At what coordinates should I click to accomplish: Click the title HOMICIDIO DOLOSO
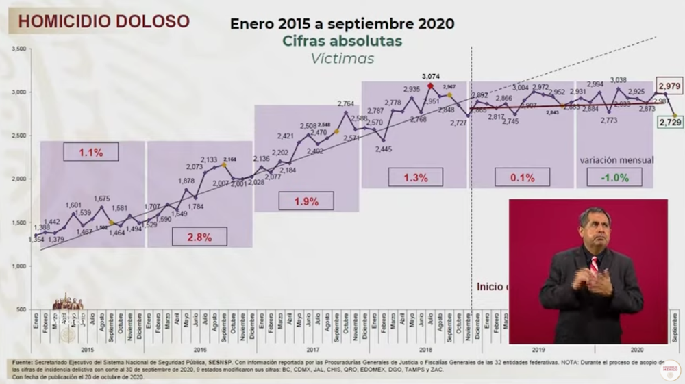103,22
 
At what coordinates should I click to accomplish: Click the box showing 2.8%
200,237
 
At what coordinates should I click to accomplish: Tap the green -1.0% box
614,177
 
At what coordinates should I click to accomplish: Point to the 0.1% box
522,177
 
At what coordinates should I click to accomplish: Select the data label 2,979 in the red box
669,85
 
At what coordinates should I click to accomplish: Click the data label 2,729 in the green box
669,122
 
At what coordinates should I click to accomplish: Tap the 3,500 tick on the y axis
18,49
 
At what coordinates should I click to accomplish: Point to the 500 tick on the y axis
21,309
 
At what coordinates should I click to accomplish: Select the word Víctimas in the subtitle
342,59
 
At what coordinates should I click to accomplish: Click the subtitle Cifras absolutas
342,41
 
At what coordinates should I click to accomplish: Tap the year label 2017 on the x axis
313,349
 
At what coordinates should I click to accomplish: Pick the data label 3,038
619,80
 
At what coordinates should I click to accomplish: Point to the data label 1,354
36,238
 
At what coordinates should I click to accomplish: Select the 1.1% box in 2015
90,152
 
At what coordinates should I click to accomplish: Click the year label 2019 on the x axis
536,349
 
